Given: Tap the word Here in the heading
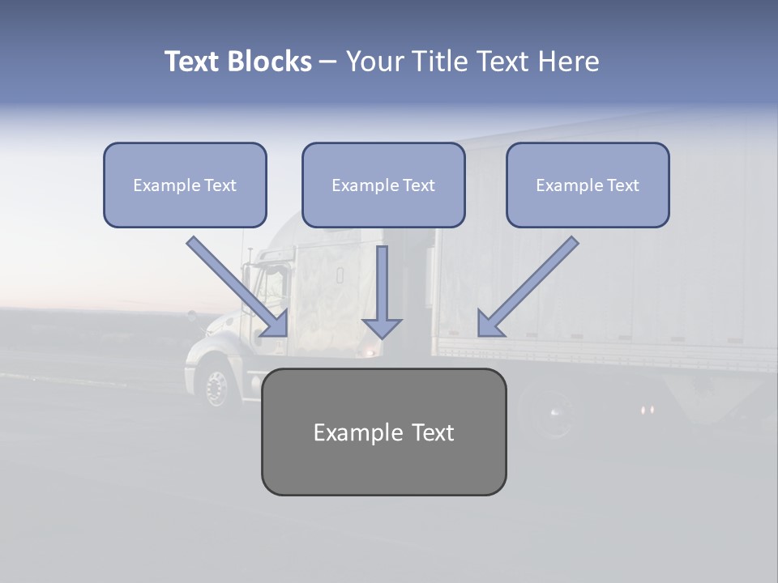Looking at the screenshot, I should [568, 62].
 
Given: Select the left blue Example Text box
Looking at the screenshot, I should [185, 185].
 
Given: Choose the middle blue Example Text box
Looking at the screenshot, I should [383, 185].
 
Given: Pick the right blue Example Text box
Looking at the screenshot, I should [588, 185].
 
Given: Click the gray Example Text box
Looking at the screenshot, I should [383, 432].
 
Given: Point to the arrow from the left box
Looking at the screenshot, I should [237, 286].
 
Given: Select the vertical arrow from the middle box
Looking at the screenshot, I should [382, 291].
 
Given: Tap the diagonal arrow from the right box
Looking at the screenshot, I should [528, 286].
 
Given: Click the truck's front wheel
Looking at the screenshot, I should [216, 388].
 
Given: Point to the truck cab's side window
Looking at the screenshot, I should [274, 283].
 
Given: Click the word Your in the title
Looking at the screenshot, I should [373, 62].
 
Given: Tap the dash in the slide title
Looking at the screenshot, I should [328, 62].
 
